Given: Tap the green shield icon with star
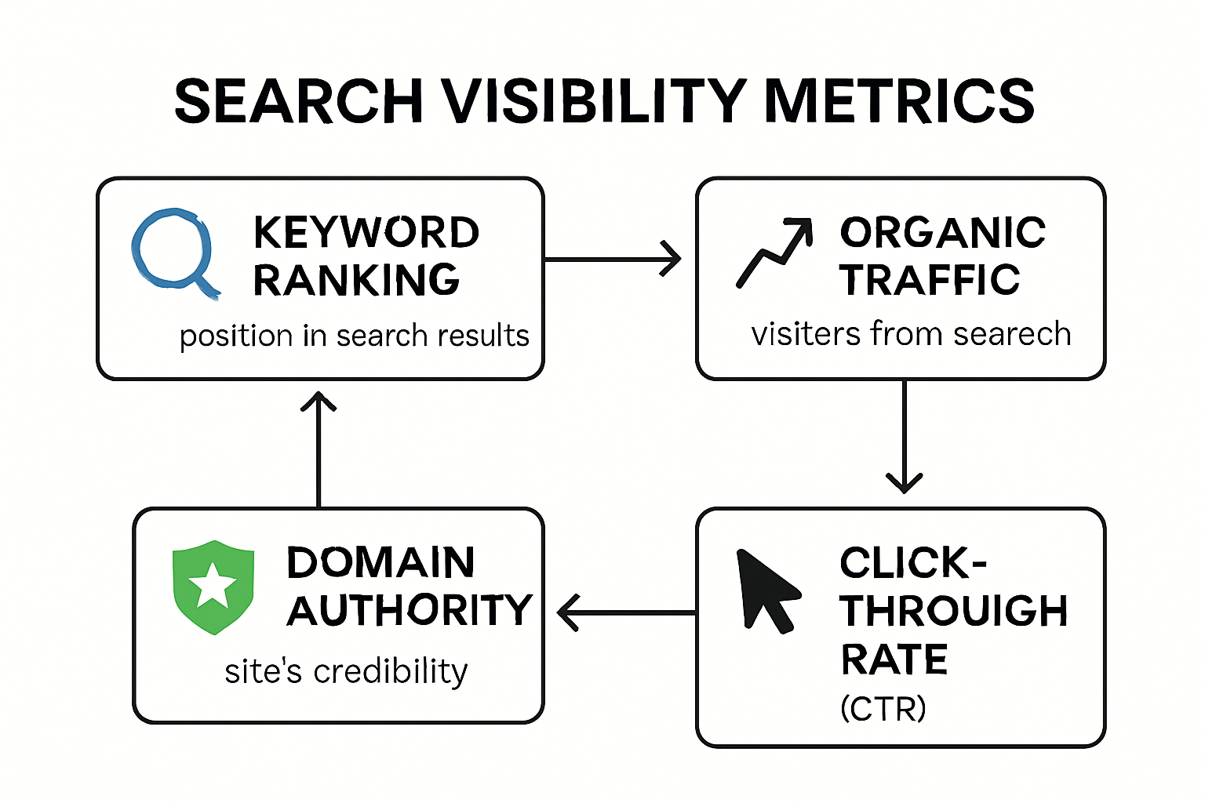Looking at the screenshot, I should click(x=213, y=586).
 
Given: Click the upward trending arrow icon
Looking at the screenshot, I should click(x=774, y=253).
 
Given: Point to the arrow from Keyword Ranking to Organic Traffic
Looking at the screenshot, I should click(x=612, y=259).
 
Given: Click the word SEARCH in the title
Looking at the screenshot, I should click(x=299, y=101).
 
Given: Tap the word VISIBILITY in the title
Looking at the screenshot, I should click(x=593, y=101).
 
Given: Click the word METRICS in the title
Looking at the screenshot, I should click(x=899, y=101).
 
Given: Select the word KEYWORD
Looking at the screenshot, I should click(x=366, y=232).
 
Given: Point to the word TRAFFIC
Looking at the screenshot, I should click(x=930, y=280).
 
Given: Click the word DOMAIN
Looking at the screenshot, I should click(x=381, y=562).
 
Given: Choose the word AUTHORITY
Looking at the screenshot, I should click(x=410, y=610).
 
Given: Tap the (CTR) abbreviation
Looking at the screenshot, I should click(x=883, y=709).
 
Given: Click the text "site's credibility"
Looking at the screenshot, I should click(x=346, y=671).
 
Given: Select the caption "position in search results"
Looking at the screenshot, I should click(x=354, y=336).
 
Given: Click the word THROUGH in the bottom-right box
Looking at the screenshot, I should click(x=954, y=611).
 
